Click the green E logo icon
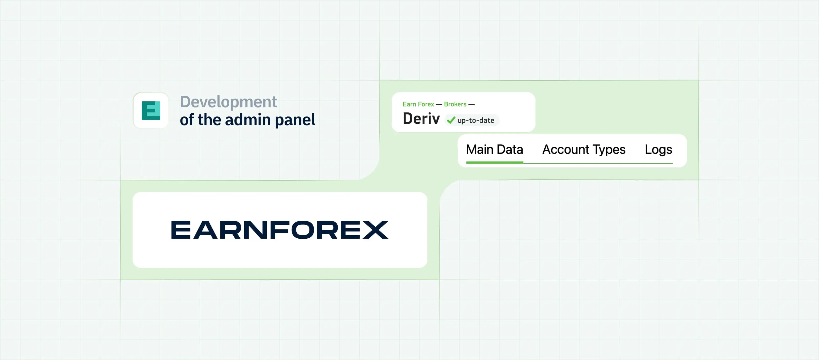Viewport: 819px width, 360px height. pyautogui.click(x=151, y=110)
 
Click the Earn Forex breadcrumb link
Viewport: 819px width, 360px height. pyautogui.click(x=418, y=104)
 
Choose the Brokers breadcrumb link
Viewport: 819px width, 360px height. pyautogui.click(x=455, y=104)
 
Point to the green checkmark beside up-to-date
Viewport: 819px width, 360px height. pyautogui.click(x=451, y=120)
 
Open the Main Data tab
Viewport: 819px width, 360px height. pyautogui.click(x=494, y=150)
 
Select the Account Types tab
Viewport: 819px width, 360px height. pyautogui.click(x=584, y=150)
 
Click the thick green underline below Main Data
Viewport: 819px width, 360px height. pyautogui.click(x=494, y=162)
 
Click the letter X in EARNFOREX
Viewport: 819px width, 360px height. pyautogui.click(x=375, y=230)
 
